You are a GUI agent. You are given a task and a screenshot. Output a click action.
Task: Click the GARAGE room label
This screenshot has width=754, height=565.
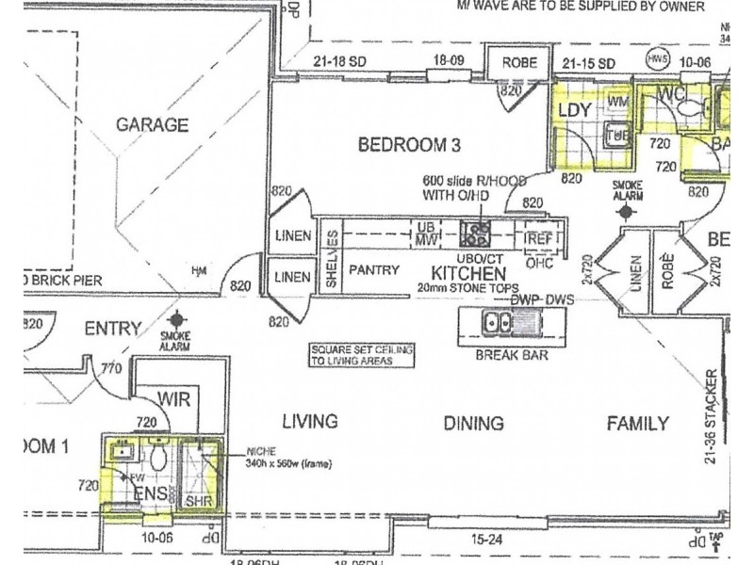[x=152, y=124]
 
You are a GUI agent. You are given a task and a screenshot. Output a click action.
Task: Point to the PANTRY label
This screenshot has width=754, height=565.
[x=376, y=268]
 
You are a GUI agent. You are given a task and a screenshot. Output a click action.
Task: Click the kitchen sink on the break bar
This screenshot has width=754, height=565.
[x=497, y=324]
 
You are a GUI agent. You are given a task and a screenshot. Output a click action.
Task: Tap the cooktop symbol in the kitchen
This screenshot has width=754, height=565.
[x=476, y=228]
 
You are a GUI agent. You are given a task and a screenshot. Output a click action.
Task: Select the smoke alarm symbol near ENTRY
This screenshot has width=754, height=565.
[x=176, y=322]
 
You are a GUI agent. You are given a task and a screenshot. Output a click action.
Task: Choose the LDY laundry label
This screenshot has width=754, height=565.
[x=574, y=110]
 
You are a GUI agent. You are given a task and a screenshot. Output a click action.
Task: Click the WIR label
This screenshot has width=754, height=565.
[x=174, y=399]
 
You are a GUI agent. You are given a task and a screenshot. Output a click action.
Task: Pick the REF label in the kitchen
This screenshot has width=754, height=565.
[x=537, y=238]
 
